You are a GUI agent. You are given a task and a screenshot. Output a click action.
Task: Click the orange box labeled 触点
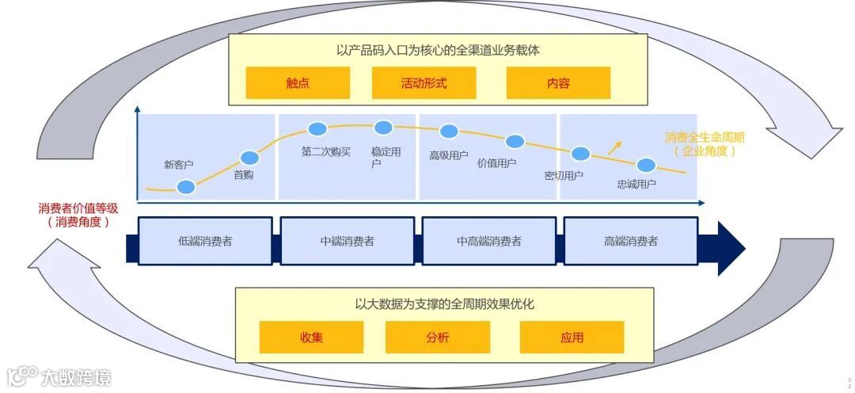pos(298,83)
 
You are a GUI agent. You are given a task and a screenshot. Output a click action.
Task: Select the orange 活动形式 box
pos(424,83)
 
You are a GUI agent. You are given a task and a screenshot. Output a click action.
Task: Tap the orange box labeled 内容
pos(558,83)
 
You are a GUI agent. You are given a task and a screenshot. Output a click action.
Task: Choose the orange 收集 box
pos(311,338)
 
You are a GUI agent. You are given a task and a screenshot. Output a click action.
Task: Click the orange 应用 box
pos(572,338)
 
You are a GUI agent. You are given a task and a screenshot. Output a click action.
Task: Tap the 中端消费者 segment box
pos(347,241)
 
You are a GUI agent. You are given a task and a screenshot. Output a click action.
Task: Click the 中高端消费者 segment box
pos(489,241)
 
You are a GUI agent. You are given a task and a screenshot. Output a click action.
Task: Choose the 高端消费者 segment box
pos(630,241)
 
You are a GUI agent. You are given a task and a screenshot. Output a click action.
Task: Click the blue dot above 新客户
pos(186,187)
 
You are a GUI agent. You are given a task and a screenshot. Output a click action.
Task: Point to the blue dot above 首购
pos(249,158)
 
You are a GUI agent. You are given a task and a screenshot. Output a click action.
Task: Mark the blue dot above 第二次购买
pos(317,129)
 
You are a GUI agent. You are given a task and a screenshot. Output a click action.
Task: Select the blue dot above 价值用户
pos(515,142)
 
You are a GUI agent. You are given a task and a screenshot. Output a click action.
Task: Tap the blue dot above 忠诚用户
pos(646,166)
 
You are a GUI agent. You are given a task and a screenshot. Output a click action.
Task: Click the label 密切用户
pos(564,176)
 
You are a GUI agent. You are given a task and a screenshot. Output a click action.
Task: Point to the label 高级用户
pos(448,155)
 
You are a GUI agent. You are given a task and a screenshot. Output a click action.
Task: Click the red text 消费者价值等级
pos(78,208)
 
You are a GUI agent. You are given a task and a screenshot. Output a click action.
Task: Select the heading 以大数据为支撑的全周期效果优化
pos(444,303)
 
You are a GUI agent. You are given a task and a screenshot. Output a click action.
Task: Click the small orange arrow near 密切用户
pos(614,147)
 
